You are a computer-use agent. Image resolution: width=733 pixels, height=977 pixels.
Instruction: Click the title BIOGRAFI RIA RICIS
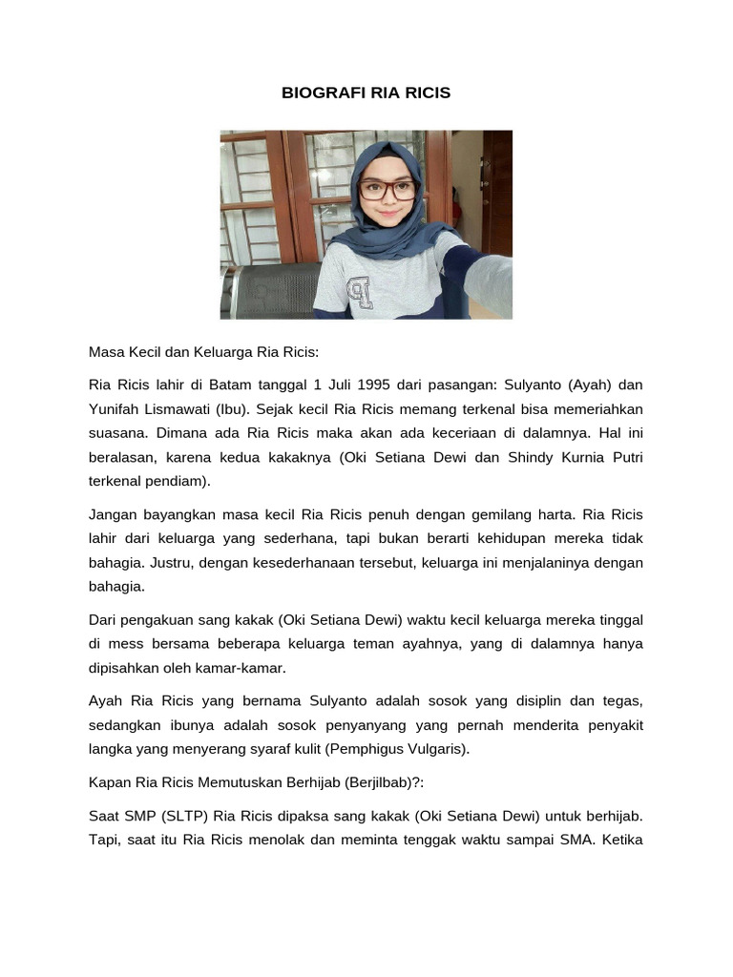pos(366,94)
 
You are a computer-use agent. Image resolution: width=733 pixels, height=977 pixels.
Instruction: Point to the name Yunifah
pos(115,408)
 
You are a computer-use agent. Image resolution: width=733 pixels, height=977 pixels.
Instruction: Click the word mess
pos(124,643)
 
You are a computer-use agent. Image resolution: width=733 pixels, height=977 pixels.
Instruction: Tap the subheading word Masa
pos(106,351)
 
